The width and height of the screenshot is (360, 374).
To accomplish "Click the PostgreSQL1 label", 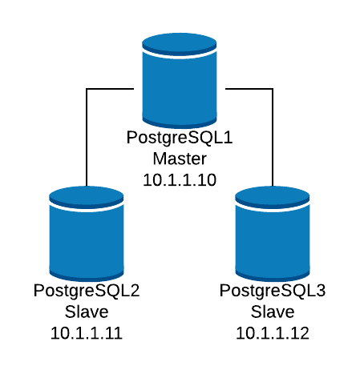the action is point(180,139).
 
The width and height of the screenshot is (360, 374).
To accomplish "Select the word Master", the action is point(180,159).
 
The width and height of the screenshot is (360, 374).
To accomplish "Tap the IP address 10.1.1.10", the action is point(180,180).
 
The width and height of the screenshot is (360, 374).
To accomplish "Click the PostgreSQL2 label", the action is point(87,292).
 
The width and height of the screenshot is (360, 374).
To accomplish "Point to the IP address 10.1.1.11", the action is point(87,333).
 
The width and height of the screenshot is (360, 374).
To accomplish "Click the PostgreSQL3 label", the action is point(273,292).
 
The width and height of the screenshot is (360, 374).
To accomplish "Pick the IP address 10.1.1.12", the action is point(273,333).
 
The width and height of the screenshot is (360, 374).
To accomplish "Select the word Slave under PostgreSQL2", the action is point(87,312).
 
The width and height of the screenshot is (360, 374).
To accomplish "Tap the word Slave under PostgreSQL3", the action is point(273,312).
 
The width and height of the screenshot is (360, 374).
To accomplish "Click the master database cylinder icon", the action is point(180,80).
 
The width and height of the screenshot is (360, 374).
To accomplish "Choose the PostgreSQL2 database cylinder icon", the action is point(87,234).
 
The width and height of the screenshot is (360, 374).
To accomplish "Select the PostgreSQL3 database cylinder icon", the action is point(273,234).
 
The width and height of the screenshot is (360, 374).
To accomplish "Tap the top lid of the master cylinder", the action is point(180,44).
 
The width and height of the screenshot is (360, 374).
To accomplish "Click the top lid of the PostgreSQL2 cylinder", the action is point(87,197).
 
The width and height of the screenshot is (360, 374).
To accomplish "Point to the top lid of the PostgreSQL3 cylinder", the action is point(273,197).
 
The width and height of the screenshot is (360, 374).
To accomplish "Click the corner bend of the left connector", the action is point(87,89).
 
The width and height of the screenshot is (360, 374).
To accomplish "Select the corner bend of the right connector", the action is point(273,89).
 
